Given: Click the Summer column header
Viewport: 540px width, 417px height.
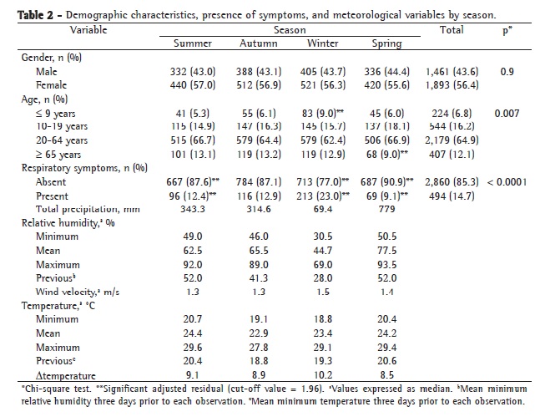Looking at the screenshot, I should (x=192, y=43).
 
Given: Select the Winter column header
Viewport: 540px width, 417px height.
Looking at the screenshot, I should (x=323, y=43).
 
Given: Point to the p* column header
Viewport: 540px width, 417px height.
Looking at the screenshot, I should (x=506, y=30).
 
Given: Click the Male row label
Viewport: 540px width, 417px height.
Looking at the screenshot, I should (x=48, y=73).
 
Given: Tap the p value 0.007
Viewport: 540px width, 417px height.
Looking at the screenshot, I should (x=506, y=112).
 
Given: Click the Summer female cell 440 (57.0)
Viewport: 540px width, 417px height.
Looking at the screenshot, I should (x=193, y=85).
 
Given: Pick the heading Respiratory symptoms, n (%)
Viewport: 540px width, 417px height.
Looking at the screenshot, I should (x=75, y=168).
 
